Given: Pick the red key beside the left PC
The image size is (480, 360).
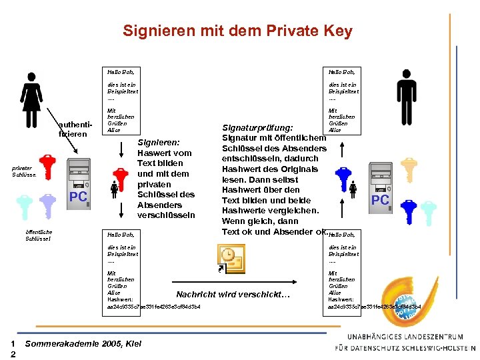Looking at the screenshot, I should pos(48,168).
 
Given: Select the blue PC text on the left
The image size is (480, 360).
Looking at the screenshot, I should pos(79,197).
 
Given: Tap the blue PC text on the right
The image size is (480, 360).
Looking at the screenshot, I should pos(380,200).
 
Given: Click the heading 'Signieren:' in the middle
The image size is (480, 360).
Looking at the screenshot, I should pos(159,142).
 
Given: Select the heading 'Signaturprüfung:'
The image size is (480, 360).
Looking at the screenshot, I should pos(257,127).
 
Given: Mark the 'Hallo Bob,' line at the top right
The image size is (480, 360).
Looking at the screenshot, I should pos(340,71).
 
